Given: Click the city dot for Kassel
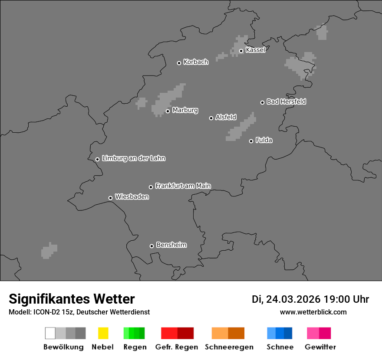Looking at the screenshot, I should coord(241,51).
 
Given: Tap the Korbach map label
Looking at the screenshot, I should coord(196,62).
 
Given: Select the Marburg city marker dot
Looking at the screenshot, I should coord(168,111).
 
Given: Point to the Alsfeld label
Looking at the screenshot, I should coord(226,117).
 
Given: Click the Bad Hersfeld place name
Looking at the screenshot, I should coord(286,101).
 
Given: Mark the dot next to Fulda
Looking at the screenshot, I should coord(251,141).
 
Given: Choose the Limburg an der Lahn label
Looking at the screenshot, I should coord(133,158).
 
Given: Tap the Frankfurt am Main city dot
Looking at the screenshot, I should coord(151,187).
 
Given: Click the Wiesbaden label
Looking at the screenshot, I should coord(132,197).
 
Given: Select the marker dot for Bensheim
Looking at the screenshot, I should coord(151,246).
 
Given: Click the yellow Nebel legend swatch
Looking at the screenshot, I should coord(103,333).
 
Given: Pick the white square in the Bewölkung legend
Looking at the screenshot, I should coord(50,333).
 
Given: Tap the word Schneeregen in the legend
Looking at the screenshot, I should coord(229,347).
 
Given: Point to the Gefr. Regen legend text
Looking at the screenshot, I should coord(177,347).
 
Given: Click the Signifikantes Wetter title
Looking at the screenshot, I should coord(72,299).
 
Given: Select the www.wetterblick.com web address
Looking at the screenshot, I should coord(313,312).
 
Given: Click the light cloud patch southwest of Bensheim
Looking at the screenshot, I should coord(49,250).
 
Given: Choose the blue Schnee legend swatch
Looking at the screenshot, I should coord(280,333).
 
